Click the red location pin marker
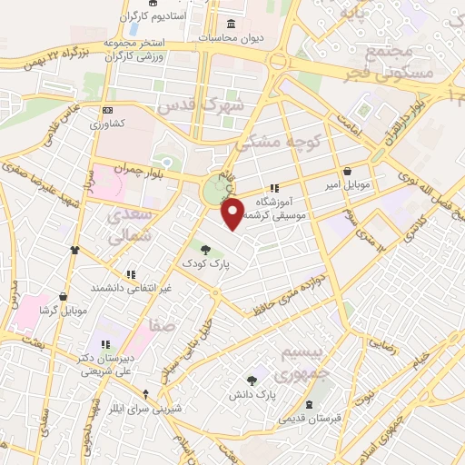point(233,213)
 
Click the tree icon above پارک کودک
point(206,249)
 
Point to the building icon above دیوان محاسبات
point(231,24)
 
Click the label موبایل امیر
point(349,185)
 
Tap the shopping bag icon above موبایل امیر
point(348,172)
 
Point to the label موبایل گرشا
point(64,311)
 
